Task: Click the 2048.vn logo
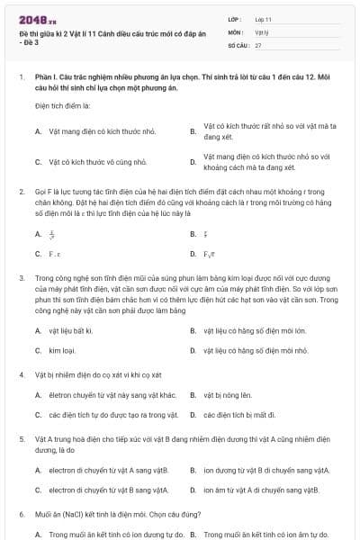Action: coord(32,19)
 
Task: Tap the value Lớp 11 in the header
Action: coord(264,18)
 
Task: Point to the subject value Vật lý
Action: coord(262,31)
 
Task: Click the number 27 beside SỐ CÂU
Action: coord(258,44)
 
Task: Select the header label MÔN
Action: coord(235,31)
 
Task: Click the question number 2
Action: coord(21,192)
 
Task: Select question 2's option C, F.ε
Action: coord(55,254)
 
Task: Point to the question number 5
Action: coord(21,437)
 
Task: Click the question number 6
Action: coord(21,513)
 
